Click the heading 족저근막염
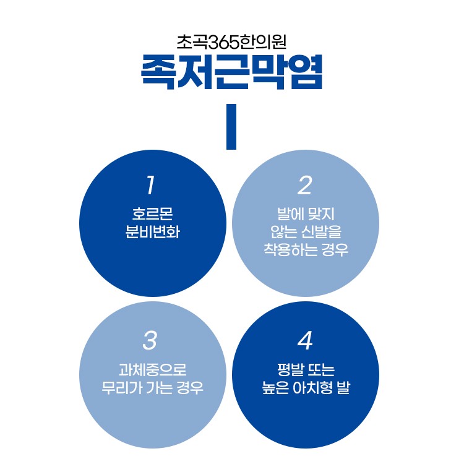(231, 72)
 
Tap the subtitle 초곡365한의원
(231, 42)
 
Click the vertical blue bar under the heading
(231, 127)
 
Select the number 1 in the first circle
(151, 185)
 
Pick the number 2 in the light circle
(305, 185)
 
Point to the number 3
(150, 340)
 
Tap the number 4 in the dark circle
(305, 340)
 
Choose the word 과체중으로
(152, 371)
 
